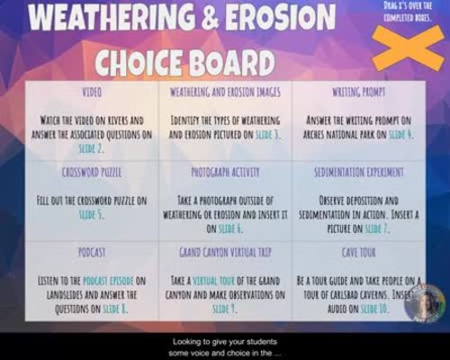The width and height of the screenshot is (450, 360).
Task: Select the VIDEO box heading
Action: point(92,93)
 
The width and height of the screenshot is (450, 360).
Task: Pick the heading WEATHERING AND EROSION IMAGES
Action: point(225,93)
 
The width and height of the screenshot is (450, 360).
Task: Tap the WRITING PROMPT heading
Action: point(357,93)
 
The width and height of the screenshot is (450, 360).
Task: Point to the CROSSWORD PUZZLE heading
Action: point(92,171)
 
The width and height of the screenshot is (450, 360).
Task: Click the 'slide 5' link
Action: point(92,215)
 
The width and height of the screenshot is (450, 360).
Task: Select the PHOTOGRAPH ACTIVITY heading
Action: point(225,171)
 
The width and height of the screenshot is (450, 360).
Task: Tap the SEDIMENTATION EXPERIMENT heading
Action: point(357,171)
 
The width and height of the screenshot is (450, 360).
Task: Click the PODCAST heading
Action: point(92,252)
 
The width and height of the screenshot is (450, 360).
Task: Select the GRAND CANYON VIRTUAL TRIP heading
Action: point(225,252)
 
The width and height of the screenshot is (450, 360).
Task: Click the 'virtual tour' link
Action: point(208,281)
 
